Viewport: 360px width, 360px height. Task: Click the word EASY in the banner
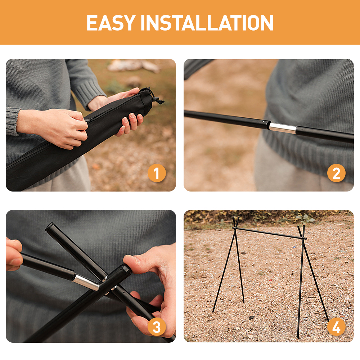click(x=111, y=22)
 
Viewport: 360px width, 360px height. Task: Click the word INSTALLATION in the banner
click(x=207, y=22)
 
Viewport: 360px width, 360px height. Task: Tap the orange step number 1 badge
click(x=157, y=173)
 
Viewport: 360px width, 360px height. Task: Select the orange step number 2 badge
click(x=336, y=173)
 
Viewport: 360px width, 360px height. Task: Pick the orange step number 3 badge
click(x=157, y=327)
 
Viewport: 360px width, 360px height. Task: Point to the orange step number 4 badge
click(x=336, y=327)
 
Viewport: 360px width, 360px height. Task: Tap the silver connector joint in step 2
click(x=283, y=128)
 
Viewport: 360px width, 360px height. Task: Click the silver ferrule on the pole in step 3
click(x=86, y=282)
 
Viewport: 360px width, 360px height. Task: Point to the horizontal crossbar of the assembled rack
click(x=269, y=233)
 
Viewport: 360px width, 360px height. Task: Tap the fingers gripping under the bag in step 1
click(x=130, y=124)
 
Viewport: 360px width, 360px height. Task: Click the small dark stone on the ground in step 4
click(x=252, y=318)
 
